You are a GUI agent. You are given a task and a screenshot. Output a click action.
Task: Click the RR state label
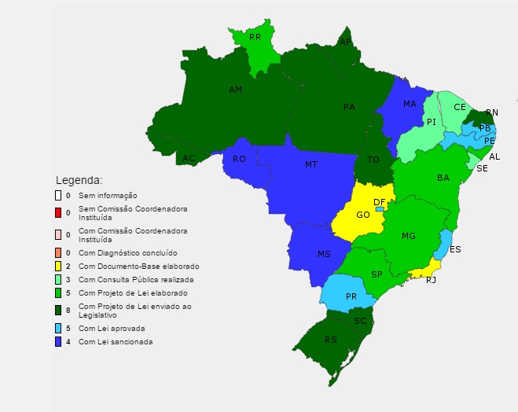coord(255,37)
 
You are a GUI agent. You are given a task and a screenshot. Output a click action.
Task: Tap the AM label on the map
coord(235,90)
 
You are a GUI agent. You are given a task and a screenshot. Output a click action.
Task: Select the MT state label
coord(311,165)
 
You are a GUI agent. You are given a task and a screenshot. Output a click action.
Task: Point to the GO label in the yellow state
coord(363,215)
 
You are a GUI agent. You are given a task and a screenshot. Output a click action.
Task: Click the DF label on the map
coord(380,202)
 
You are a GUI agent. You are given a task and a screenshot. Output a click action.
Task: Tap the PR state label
coord(351,296)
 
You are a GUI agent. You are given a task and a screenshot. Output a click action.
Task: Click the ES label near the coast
coord(455,249)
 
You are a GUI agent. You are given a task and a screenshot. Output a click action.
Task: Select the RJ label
coord(431,280)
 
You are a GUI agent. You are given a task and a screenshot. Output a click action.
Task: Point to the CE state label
coord(460,107)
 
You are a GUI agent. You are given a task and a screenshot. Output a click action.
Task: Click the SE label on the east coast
coord(482,168)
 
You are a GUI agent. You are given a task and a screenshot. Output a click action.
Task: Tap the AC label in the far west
coord(189,158)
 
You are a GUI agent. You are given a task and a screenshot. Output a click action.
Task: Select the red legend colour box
coord(57,212)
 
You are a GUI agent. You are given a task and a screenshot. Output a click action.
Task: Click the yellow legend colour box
coord(57,267)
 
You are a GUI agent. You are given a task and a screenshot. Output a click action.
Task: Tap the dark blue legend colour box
coord(57,342)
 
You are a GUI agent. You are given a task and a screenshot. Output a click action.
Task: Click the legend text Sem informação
coord(108,195)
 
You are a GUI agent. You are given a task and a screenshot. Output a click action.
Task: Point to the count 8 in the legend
coord(68,311)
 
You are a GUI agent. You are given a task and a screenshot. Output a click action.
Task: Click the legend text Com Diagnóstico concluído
coord(127,253)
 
